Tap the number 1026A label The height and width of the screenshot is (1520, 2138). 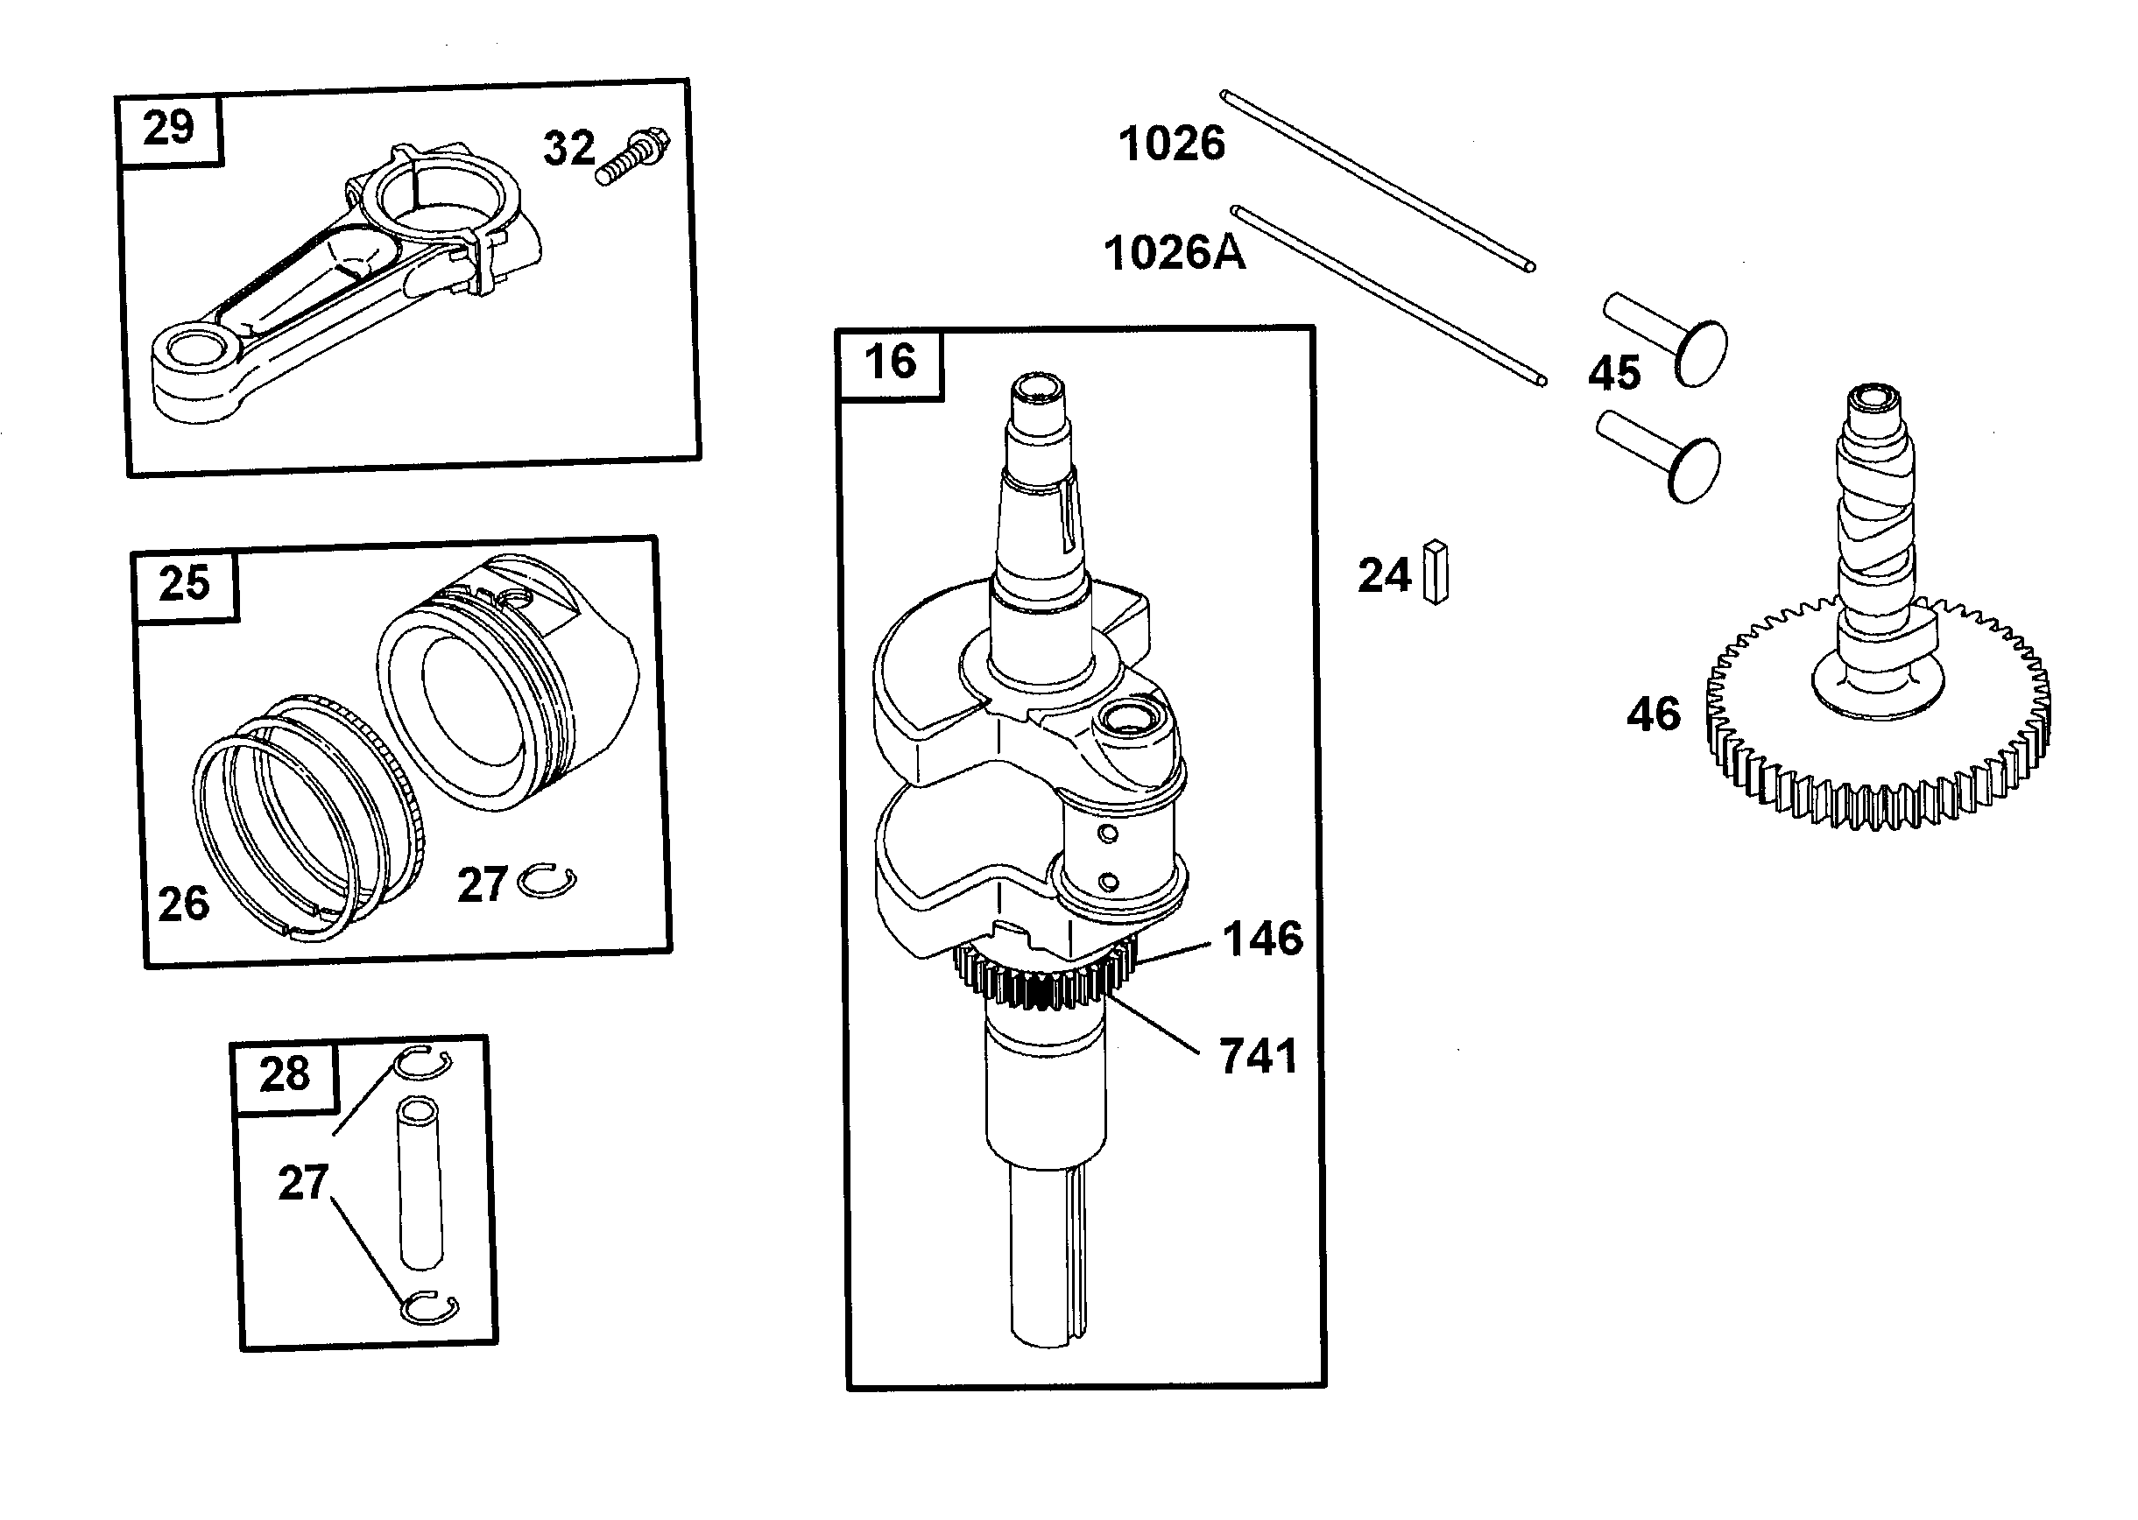tap(1174, 254)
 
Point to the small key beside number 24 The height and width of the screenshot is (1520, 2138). tap(1435, 571)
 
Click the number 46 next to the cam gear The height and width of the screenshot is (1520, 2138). tap(1653, 715)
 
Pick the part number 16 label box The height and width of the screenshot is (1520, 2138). tap(889, 363)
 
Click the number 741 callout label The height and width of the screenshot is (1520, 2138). tap(1257, 1057)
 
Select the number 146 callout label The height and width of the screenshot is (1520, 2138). tap(1262, 939)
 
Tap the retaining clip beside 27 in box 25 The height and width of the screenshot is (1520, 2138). tap(547, 882)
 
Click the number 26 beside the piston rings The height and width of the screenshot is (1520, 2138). tap(183, 904)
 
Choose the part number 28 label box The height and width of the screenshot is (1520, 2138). tap(285, 1074)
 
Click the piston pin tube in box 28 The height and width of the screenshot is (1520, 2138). tap(420, 1184)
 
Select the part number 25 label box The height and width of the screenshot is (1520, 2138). tap(185, 584)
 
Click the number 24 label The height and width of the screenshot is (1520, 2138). tap(1384, 575)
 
